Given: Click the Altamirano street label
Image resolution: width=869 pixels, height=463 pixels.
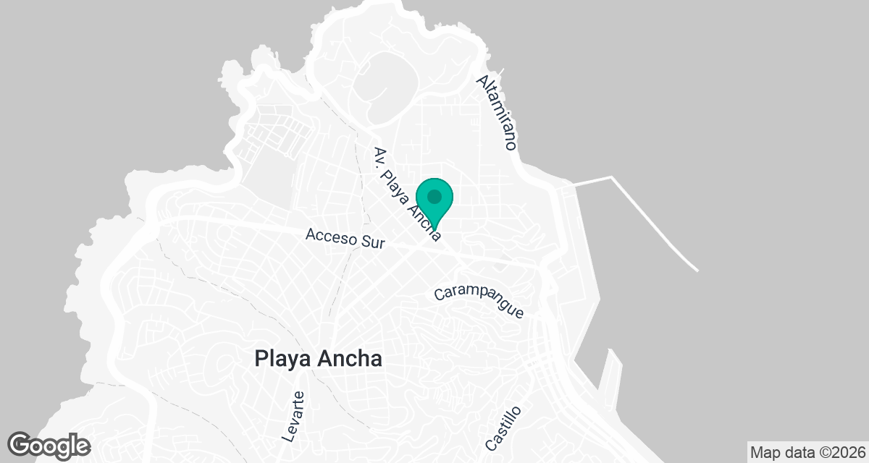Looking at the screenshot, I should (x=497, y=111).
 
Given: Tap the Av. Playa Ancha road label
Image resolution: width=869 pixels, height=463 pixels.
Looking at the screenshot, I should (x=407, y=193).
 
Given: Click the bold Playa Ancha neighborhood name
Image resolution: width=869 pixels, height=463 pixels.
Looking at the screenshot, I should (x=318, y=359).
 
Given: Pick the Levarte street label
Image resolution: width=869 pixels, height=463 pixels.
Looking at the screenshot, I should (x=293, y=416).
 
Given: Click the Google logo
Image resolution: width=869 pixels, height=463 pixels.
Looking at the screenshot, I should (x=49, y=445).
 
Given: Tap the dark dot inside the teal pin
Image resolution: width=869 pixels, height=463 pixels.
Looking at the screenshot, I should (x=434, y=197).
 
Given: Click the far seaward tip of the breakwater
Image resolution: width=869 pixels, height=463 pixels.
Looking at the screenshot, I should (x=697, y=271).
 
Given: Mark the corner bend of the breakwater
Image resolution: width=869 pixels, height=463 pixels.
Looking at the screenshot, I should (x=612, y=177).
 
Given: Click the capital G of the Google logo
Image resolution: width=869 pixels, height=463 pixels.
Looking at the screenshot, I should (x=21, y=444).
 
